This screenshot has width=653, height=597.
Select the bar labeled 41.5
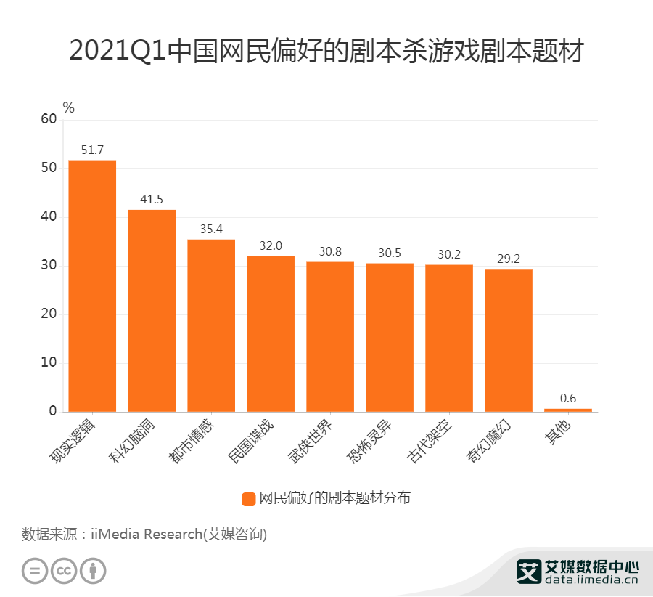pyautogui.click(x=152, y=310)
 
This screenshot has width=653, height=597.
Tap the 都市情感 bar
pyautogui.click(x=211, y=325)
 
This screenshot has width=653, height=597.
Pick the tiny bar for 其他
pyautogui.click(x=568, y=410)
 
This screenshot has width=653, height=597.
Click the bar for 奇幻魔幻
pyautogui.click(x=509, y=341)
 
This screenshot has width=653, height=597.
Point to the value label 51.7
pyautogui.click(x=92, y=150)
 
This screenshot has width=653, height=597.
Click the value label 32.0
pyautogui.click(x=271, y=246)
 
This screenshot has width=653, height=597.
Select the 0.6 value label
pyautogui.click(x=568, y=399)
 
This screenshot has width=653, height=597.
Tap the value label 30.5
pyautogui.click(x=390, y=253)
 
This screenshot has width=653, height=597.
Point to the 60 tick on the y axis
pyautogui.click(x=49, y=119)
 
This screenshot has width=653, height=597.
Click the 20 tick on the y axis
pyautogui.click(x=49, y=314)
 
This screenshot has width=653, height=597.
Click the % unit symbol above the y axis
pyautogui.click(x=68, y=107)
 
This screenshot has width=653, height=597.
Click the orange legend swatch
pyautogui.click(x=248, y=498)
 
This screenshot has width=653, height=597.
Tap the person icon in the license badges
pyautogui.click(x=93, y=570)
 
